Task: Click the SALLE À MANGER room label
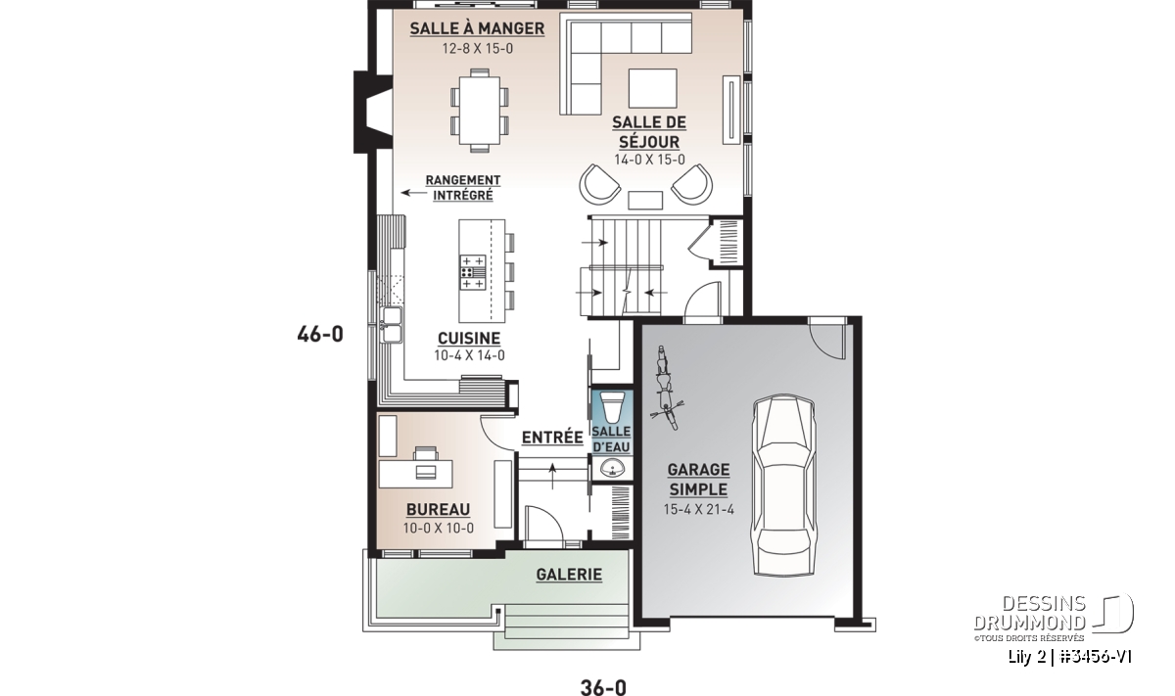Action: click(x=477, y=28)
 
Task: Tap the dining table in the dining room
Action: click(x=480, y=111)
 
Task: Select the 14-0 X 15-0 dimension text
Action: click(x=649, y=160)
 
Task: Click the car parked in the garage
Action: click(x=783, y=486)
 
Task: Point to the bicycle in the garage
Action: click(x=665, y=387)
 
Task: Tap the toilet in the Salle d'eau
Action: click(x=612, y=406)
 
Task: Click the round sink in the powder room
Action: click(x=612, y=468)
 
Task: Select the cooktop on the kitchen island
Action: click(x=473, y=272)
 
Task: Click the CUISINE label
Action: click(x=469, y=339)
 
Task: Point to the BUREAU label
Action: click(x=438, y=509)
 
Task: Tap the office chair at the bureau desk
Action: click(x=425, y=453)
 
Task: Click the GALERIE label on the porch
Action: click(x=569, y=575)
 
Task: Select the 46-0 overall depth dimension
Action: click(x=320, y=334)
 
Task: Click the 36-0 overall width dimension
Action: click(x=603, y=686)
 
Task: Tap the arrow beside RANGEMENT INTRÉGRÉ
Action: click(x=414, y=193)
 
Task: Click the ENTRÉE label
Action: click(x=552, y=438)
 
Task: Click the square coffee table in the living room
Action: click(x=652, y=88)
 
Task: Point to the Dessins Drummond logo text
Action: click(x=1029, y=613)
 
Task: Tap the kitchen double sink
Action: click(x=392, y=325)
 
